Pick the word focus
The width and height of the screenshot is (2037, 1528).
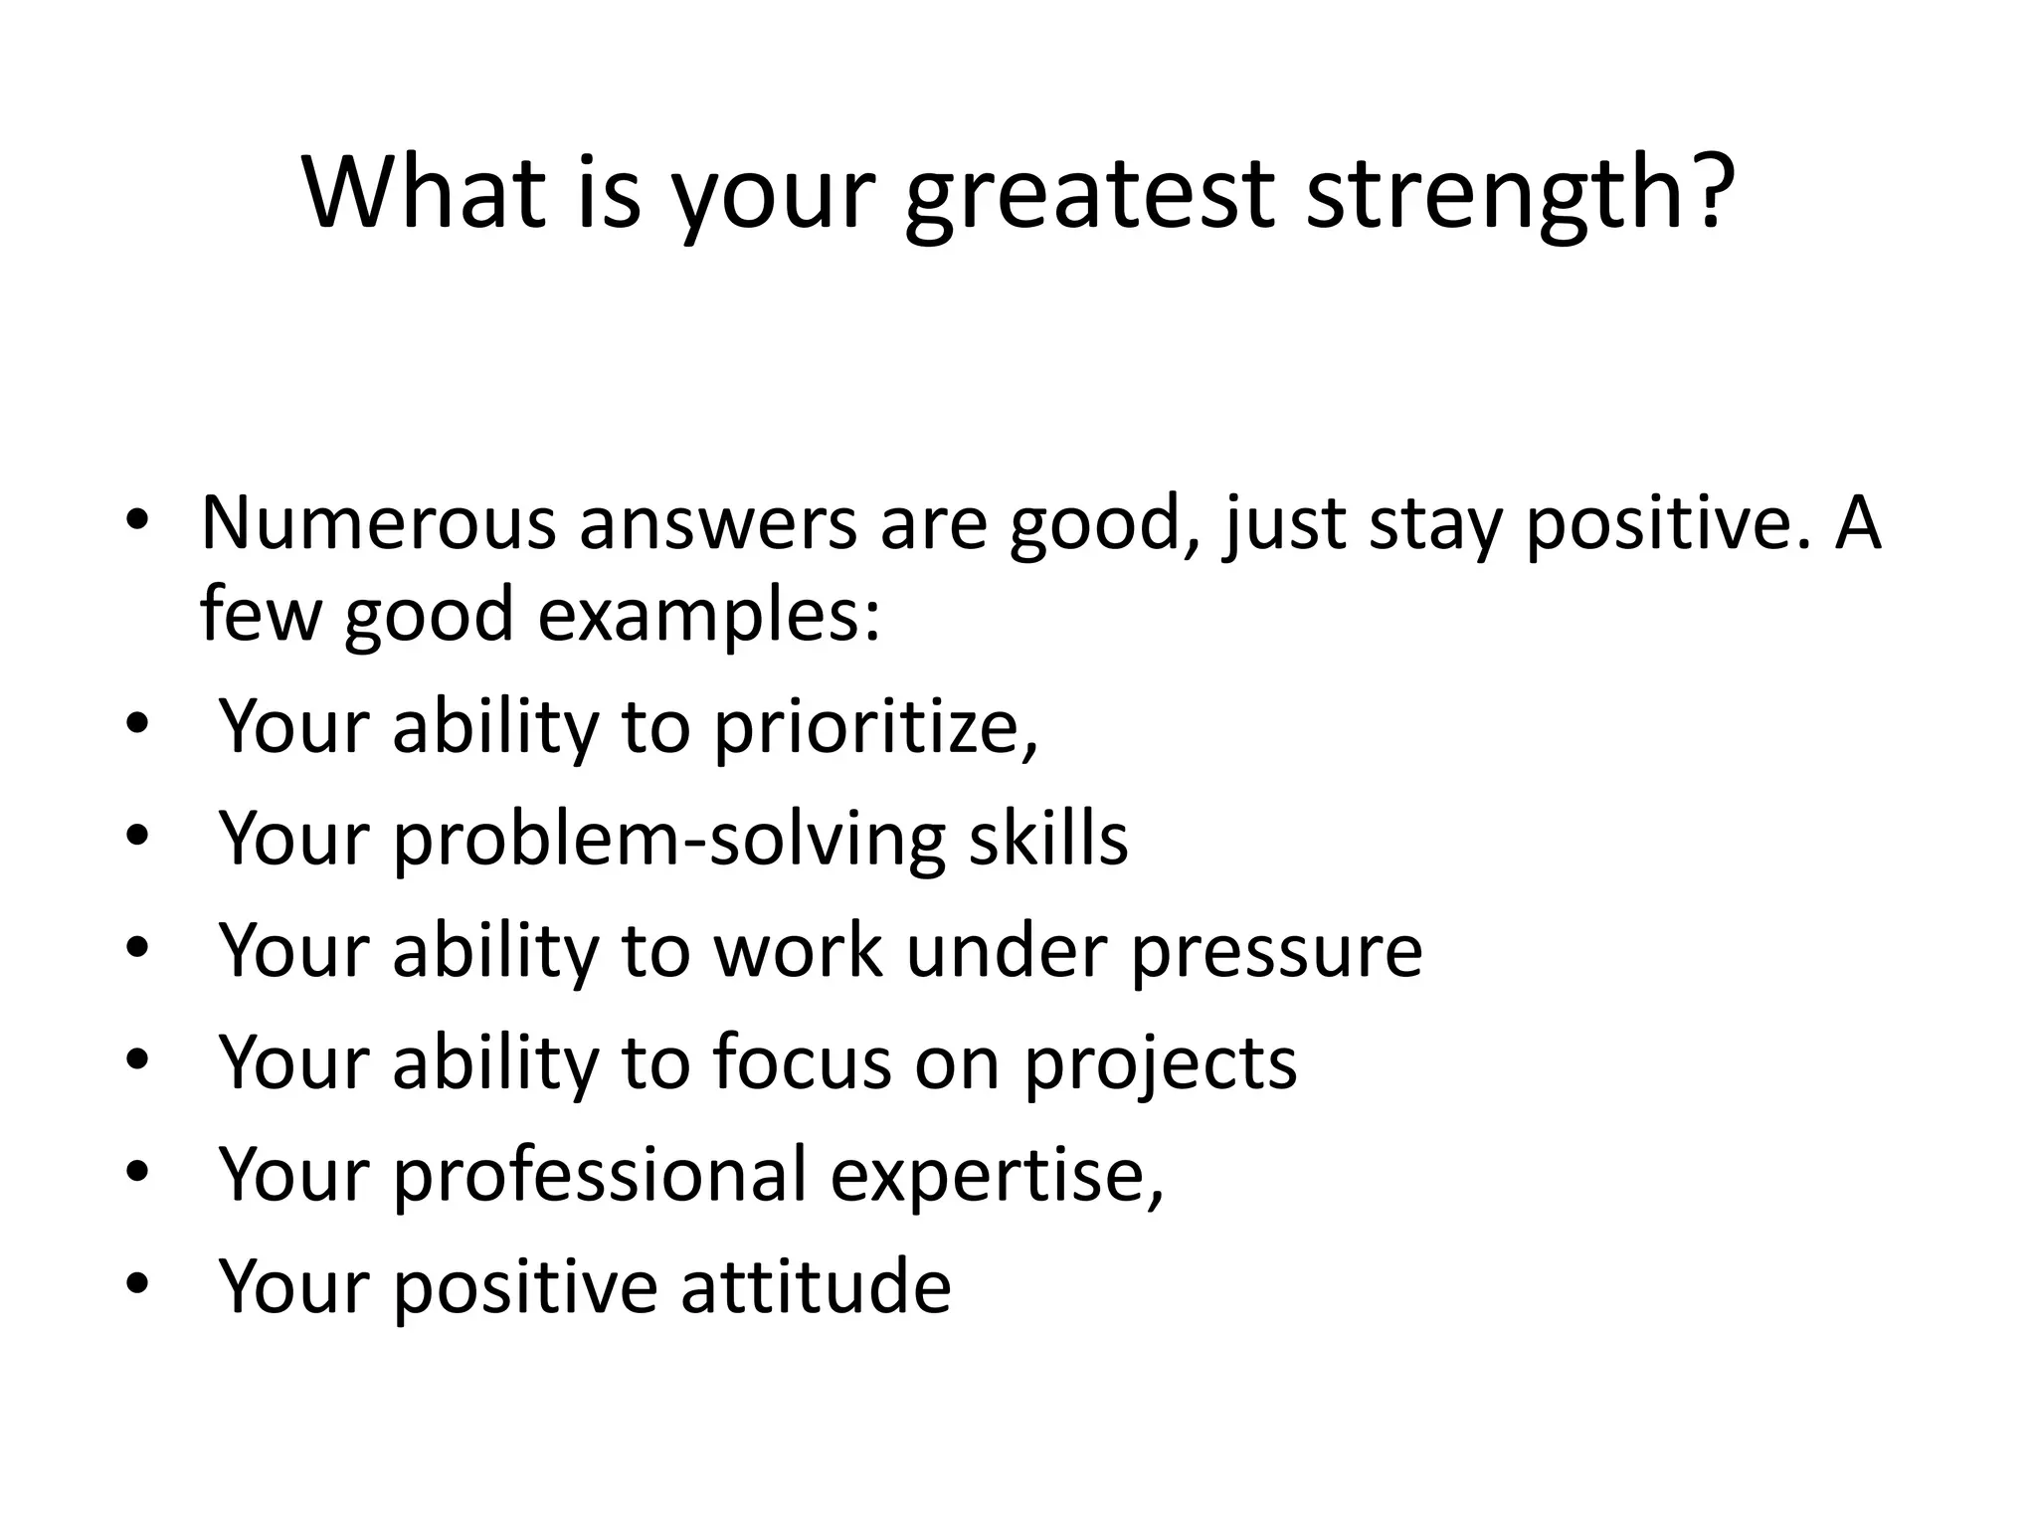point(802,1062)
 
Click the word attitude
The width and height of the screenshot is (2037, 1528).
point(816,1286)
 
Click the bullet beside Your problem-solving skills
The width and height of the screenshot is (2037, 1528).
point(136,836)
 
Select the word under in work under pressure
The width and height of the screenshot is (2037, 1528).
point(1007,950)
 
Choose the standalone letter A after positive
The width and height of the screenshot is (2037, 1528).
point(1857,522)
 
